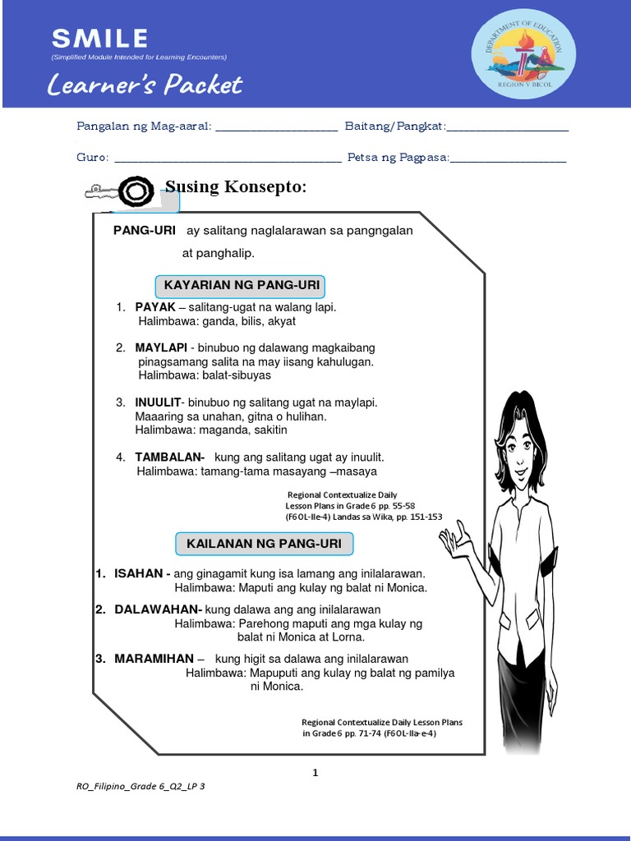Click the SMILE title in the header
[x=99, y=38]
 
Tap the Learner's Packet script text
[x=144, y=84]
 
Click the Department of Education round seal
[x=523, y=54]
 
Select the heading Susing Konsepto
[x=235, y=187]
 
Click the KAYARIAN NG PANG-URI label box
[x=240, y=286]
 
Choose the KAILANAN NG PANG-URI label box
[x=264, y=544]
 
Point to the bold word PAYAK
[x=155, y=307]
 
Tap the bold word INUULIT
[x=159, y=402]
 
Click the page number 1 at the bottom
[x=315, y=773]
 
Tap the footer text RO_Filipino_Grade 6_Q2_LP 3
[x=140, y=787]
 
